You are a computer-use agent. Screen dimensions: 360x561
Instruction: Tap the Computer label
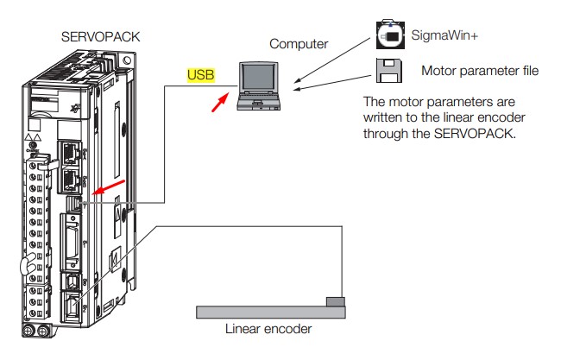299,44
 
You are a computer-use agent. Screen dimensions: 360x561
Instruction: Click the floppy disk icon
389,70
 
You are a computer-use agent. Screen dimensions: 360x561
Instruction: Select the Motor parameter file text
479,71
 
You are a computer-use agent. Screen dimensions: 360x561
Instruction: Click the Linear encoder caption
268,328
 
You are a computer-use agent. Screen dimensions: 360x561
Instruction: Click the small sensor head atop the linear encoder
336,300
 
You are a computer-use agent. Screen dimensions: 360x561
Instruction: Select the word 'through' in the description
386,133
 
